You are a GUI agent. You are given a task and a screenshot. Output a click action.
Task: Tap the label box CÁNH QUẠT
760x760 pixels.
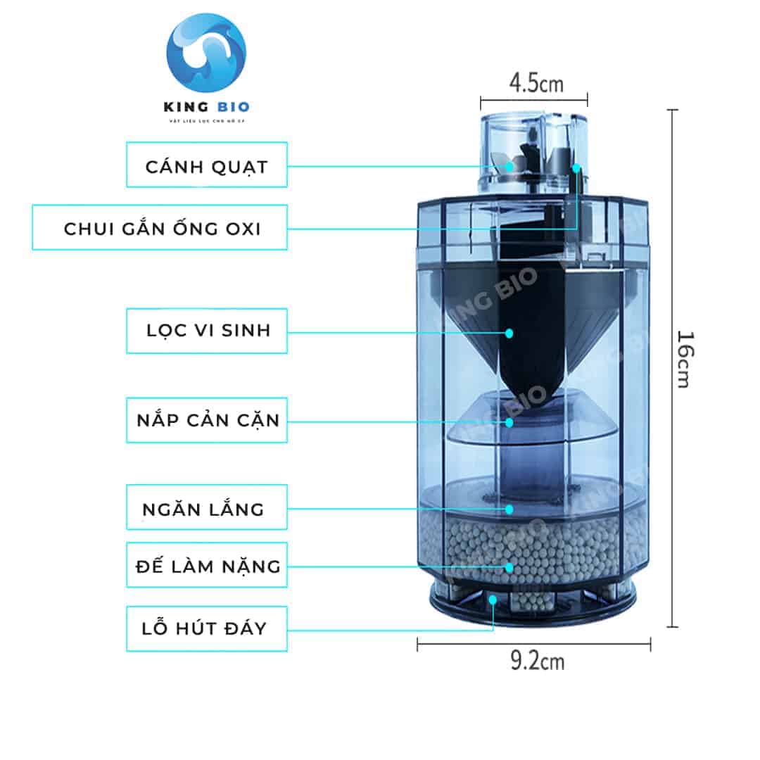point(207,165)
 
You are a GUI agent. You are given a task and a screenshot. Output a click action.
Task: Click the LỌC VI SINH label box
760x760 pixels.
point(207,331)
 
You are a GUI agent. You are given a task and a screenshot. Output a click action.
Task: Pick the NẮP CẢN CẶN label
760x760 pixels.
point(207,420)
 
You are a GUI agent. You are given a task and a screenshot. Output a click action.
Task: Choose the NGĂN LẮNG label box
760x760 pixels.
point(207,507)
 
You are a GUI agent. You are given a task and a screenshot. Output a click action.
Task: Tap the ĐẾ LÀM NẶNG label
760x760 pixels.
point(207,565)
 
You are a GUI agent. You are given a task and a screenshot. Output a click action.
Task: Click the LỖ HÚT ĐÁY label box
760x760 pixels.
point(207,628)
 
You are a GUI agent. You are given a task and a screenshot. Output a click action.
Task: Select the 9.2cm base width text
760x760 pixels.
point(537,661)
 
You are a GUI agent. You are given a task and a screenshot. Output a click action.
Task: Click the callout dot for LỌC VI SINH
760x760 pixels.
point(509,331)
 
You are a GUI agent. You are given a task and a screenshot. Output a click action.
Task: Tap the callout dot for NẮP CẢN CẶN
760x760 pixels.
point(509,422)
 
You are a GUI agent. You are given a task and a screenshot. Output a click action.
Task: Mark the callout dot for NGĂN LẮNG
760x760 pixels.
point(509,508)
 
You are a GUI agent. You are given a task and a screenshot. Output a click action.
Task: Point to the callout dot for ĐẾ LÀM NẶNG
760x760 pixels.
point(509,566)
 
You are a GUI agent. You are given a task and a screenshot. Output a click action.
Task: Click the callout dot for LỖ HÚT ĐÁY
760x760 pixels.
point(493,600)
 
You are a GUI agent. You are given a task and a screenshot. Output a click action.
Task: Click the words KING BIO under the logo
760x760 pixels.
point(207,107)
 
